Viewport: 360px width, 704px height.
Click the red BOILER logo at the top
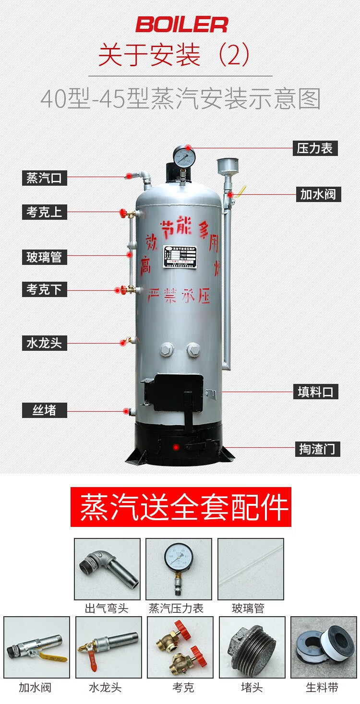[x=181, y=24]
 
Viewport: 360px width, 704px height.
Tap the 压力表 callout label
[x=315, y=148]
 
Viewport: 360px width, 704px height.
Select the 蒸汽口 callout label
[x=44, y=178]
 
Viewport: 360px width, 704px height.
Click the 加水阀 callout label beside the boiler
[x=318, y=194]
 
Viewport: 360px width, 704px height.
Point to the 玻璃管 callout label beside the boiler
[x=44, y=257]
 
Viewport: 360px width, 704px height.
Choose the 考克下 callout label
[x=44, y=289]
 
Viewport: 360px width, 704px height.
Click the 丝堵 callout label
[x=44, y=410]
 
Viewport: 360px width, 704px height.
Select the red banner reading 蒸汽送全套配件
[x=181, y=507]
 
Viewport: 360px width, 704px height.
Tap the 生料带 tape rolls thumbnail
[x=323, y=647]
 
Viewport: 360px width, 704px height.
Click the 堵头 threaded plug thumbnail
[x=252, y=647]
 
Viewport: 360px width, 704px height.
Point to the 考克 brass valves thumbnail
[x=180, y=647]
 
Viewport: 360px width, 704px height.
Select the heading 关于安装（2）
[x=174, y=55]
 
